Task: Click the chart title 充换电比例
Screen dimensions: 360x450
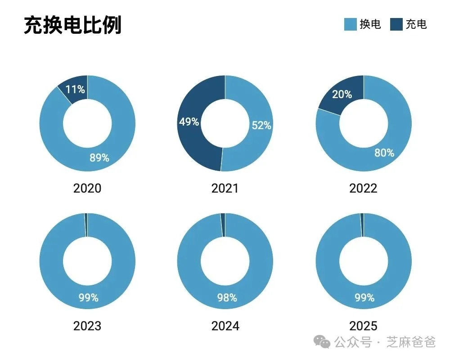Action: coord(72,26)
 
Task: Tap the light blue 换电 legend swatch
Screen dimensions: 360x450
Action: coord(350,24)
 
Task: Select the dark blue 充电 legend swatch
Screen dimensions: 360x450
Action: coord(396,24)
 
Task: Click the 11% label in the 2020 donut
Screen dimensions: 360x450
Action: coord(75,89)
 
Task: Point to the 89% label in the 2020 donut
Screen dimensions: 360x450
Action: coord(99,157)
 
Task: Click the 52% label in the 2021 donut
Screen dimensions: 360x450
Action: coord(261,126)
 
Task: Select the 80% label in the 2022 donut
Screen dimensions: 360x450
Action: coord(384,153)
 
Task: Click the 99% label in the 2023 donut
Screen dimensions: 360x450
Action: coord(88,297)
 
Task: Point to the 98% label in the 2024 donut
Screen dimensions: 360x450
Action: coord(226,297)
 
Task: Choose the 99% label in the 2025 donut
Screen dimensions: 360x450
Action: coord(364,297)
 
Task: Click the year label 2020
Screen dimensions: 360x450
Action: coord(87,188)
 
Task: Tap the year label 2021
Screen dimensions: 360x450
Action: coord(225,188)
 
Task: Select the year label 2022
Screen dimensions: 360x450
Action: coord(363,188)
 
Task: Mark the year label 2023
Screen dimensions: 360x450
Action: coord(87,325)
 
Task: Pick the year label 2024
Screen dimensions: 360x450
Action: coord(225,325)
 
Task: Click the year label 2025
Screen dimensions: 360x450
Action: coord(363,325)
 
